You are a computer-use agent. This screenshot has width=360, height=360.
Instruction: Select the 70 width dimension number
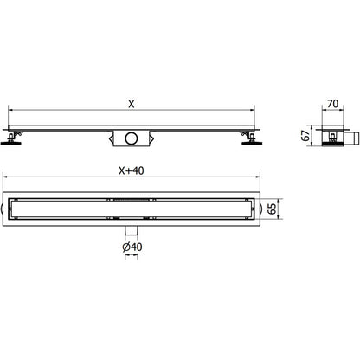pos(331,106)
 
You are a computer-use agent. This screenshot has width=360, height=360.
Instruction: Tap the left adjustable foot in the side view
pos(14,136)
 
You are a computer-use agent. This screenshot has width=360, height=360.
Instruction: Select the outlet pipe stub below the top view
pos(132,229)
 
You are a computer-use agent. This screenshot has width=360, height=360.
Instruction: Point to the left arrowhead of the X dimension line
pos(10,110)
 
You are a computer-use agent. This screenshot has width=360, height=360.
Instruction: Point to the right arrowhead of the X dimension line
pos(254,110)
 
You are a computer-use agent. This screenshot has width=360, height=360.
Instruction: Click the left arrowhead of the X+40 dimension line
pos(5,177)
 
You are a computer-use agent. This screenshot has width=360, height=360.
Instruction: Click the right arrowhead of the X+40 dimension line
pos(260,177)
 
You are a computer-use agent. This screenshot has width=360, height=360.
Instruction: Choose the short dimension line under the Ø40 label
pos(132,257)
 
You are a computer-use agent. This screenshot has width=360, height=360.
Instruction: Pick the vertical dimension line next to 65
pos(280,208)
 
